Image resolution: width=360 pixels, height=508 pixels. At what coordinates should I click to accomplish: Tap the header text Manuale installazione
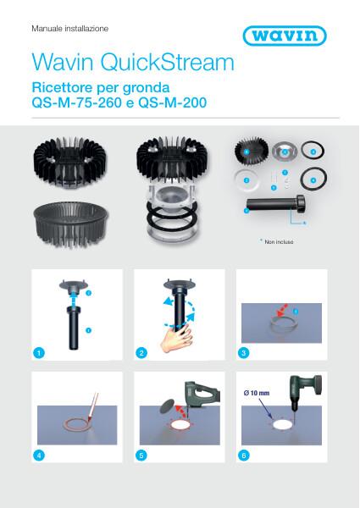[69, 29]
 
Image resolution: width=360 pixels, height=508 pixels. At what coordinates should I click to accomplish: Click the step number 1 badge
[37, 351]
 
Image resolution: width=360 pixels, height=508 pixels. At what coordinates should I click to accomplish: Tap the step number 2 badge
[142, 351]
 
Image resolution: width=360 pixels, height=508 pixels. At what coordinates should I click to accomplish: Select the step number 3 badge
[245, 351]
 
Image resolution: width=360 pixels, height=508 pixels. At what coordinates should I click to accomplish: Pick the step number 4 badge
[37, 455]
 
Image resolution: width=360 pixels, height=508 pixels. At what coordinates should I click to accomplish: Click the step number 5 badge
[142, 455]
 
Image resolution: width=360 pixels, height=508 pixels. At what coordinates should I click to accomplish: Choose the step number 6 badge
[245, 455]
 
